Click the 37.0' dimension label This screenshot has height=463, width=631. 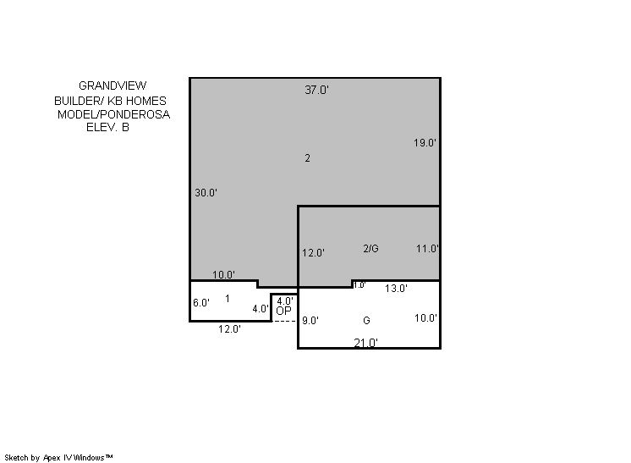(316, 90)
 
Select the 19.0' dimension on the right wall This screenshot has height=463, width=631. (425, 142)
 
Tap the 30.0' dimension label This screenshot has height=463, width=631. (206, 192)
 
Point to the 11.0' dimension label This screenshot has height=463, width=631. (427, 249)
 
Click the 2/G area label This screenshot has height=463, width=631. (370, 249)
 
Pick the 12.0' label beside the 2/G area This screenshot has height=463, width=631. (314, 253)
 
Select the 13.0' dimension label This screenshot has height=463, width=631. (396, 289)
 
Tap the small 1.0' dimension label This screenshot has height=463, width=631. (359, 285)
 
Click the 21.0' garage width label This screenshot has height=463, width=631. (365, 343)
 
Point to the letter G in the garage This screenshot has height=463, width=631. (366, 321)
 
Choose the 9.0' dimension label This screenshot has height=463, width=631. (310, 321)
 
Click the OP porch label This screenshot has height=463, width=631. (283, 311)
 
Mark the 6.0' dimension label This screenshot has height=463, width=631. (201, 303)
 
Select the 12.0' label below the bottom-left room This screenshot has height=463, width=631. (229, 329)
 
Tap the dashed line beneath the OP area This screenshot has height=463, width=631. (284, 321)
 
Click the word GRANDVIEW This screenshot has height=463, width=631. (112, 85)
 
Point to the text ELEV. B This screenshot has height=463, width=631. (108, 127)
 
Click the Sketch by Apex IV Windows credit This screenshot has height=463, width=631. (58, 457)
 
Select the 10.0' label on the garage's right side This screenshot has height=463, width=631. (425, 318)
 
